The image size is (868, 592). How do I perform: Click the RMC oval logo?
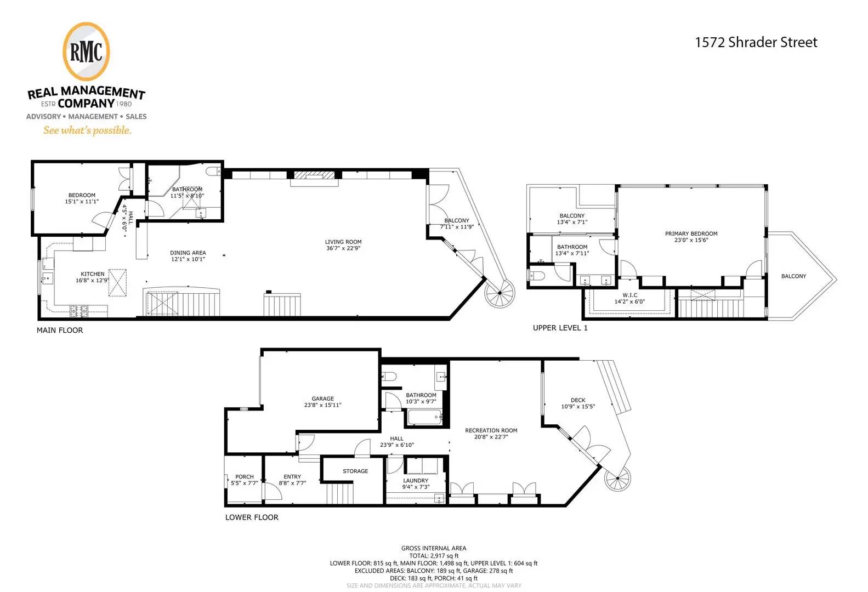coord(86,52)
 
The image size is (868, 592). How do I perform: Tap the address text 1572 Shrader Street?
coord(756,42)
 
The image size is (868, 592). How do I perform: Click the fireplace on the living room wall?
coord(314,175)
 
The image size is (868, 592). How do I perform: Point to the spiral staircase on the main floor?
coord(500,293)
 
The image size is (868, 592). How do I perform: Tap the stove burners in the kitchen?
coord(78,309)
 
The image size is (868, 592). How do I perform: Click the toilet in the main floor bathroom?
coord(213,171)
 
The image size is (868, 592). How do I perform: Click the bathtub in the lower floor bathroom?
coord(425,417)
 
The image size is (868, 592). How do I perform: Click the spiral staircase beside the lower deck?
coord(618,478)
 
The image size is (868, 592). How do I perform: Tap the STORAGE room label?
coord(355,471)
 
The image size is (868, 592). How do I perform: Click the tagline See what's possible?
coord(87,130)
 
